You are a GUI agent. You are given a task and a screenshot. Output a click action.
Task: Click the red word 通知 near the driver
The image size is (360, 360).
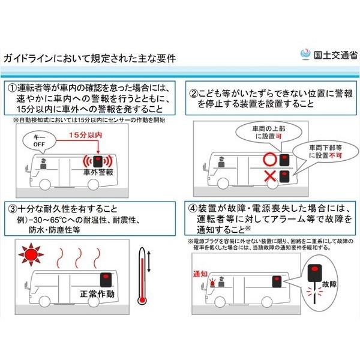(200, 274)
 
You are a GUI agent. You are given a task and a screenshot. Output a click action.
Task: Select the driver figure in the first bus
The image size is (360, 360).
(43, 164)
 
